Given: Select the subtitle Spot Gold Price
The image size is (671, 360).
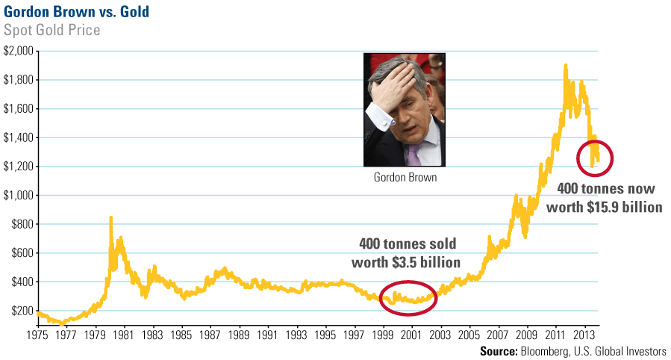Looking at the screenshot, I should pyautogui.click(x=52, y=31).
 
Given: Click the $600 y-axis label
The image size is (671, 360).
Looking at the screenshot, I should pyautogui.click(x=20, y=253).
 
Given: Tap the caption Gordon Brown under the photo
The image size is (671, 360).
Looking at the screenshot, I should pyautogui.click(x=404, y=179).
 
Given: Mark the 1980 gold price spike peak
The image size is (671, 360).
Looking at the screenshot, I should pyautogui.click(x=111, y=217).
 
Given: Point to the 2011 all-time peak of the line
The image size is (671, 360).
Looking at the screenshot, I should pyautogui.click(x=565, y=65).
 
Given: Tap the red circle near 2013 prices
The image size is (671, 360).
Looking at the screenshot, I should pyautogui.click(x=595, y=158).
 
